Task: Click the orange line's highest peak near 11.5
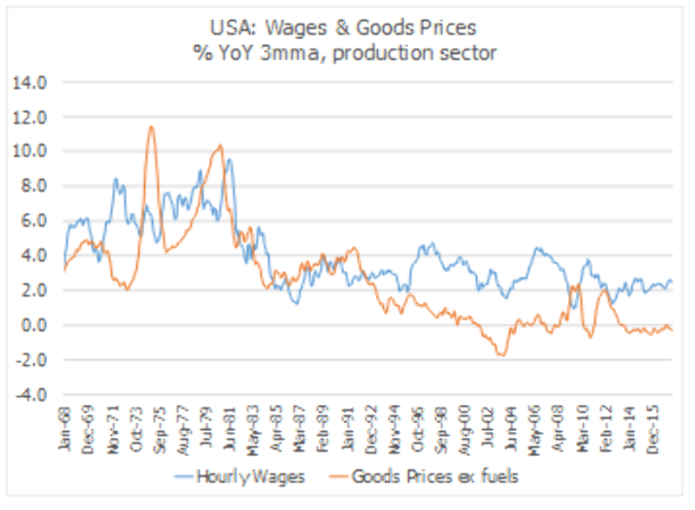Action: [x=150, y=127]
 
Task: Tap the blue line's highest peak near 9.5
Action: [x=228, y=159]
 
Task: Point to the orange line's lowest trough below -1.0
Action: [x=501, y=355]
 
